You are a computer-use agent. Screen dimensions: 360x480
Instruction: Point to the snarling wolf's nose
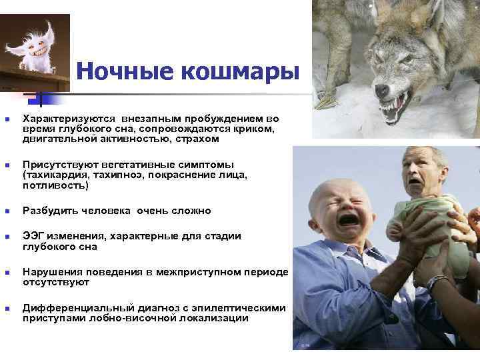coord(381,91)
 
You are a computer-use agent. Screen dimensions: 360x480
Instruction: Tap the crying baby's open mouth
coord(348,219)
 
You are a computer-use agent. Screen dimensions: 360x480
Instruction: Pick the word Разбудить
coord(50,211)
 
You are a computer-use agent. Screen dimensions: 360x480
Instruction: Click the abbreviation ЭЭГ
coord(34,236)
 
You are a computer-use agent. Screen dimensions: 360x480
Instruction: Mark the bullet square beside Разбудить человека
coord(7,211)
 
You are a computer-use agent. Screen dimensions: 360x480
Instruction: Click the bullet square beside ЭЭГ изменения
coord(7,237)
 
